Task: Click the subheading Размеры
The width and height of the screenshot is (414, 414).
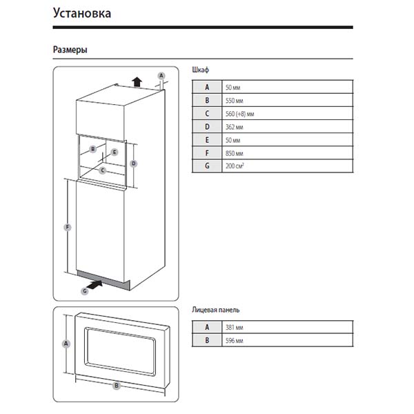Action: [70, 50]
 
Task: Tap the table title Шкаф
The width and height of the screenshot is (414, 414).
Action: [200, 70]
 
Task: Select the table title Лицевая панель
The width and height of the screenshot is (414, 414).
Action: [216, 311]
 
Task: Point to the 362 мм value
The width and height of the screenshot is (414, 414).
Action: [234, 126]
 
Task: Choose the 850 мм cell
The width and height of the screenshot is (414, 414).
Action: [234, 153]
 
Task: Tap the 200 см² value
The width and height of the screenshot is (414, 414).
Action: [235, 166]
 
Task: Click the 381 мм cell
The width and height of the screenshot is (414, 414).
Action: [234, 328]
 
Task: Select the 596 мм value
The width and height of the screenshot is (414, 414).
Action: [234, 341]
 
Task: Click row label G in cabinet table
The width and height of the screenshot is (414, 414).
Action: [206, 166]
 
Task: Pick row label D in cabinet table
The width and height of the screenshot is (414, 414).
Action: [206, 126]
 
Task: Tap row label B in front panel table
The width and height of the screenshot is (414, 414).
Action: [206, 341]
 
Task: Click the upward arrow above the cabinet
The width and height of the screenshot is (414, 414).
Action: [137, 81]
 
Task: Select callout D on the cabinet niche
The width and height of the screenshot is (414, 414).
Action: [134, 164]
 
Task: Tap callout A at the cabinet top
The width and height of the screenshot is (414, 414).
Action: [161, 75]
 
